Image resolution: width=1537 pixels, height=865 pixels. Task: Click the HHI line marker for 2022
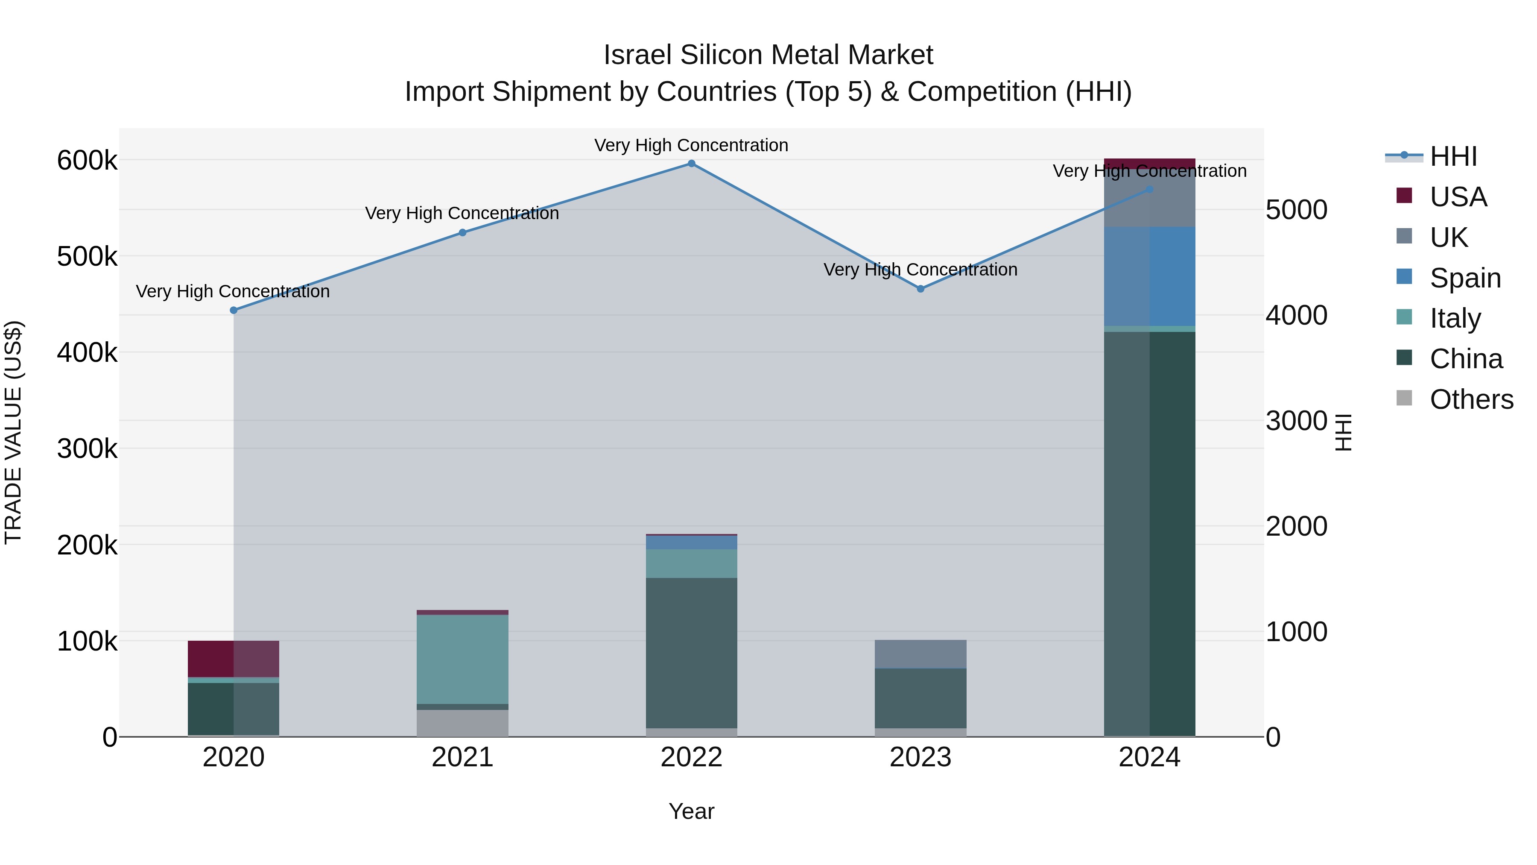click(x=692, y=164)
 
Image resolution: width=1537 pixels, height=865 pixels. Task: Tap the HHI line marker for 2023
click(x=920, y=289)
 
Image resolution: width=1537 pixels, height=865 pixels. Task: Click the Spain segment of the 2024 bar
click(x=1149, y=276)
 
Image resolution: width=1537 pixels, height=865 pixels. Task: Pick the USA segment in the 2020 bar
click(x=233, y=659)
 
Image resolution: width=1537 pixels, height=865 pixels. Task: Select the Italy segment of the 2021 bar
click(x=462, y=660)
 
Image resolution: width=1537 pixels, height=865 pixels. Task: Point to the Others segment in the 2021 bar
click(x=462, y=723)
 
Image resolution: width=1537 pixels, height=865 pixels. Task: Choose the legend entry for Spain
click(x=1465, y=278)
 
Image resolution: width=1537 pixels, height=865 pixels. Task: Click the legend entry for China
click(x=1466, y=359)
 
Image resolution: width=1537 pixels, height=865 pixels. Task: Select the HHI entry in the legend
click(x=1453, y=156)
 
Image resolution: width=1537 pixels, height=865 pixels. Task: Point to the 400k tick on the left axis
click(x=87, y=353)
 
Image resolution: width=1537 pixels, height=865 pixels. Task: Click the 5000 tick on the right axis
click(x=1296, y=210)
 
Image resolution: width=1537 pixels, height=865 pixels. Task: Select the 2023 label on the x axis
click(x=920, y=757)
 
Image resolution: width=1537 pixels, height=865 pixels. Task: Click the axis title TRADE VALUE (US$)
click(x=14, y=433)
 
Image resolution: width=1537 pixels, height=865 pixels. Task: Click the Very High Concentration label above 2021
click(x=462, y=213)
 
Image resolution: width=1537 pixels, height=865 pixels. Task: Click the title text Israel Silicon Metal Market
click(x=768, y=55)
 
